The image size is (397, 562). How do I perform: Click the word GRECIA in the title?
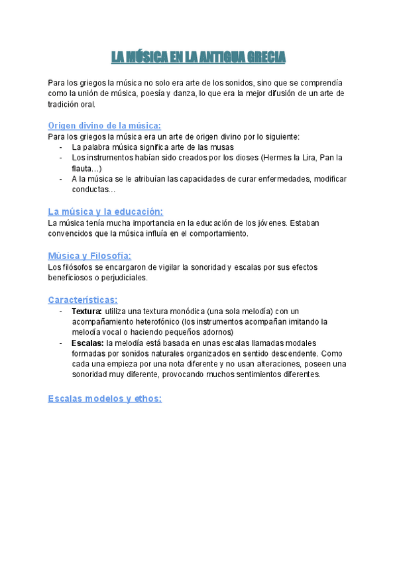(266, 58)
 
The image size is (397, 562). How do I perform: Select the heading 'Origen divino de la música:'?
(105, 125)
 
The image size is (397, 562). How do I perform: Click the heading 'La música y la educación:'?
(105, 211)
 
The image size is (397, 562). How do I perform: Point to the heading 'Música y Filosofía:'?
(89, 256)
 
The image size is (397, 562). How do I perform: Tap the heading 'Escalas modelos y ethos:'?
(105, 398)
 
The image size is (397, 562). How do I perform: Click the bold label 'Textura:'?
(87, 311)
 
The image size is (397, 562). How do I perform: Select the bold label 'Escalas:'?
(87, 343)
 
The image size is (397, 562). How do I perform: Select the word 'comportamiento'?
(215, 233)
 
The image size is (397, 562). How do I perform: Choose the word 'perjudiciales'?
(122, 278)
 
